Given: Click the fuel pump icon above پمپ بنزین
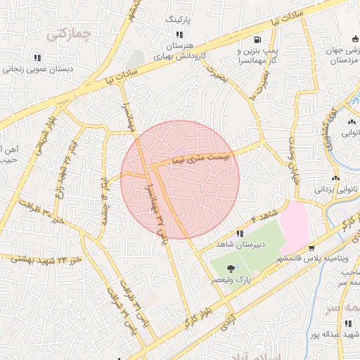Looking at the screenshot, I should [x=257, y=39].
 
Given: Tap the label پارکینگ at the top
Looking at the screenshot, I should [x=179, y=20].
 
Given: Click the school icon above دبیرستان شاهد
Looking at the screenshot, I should [x=240, y=233].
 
